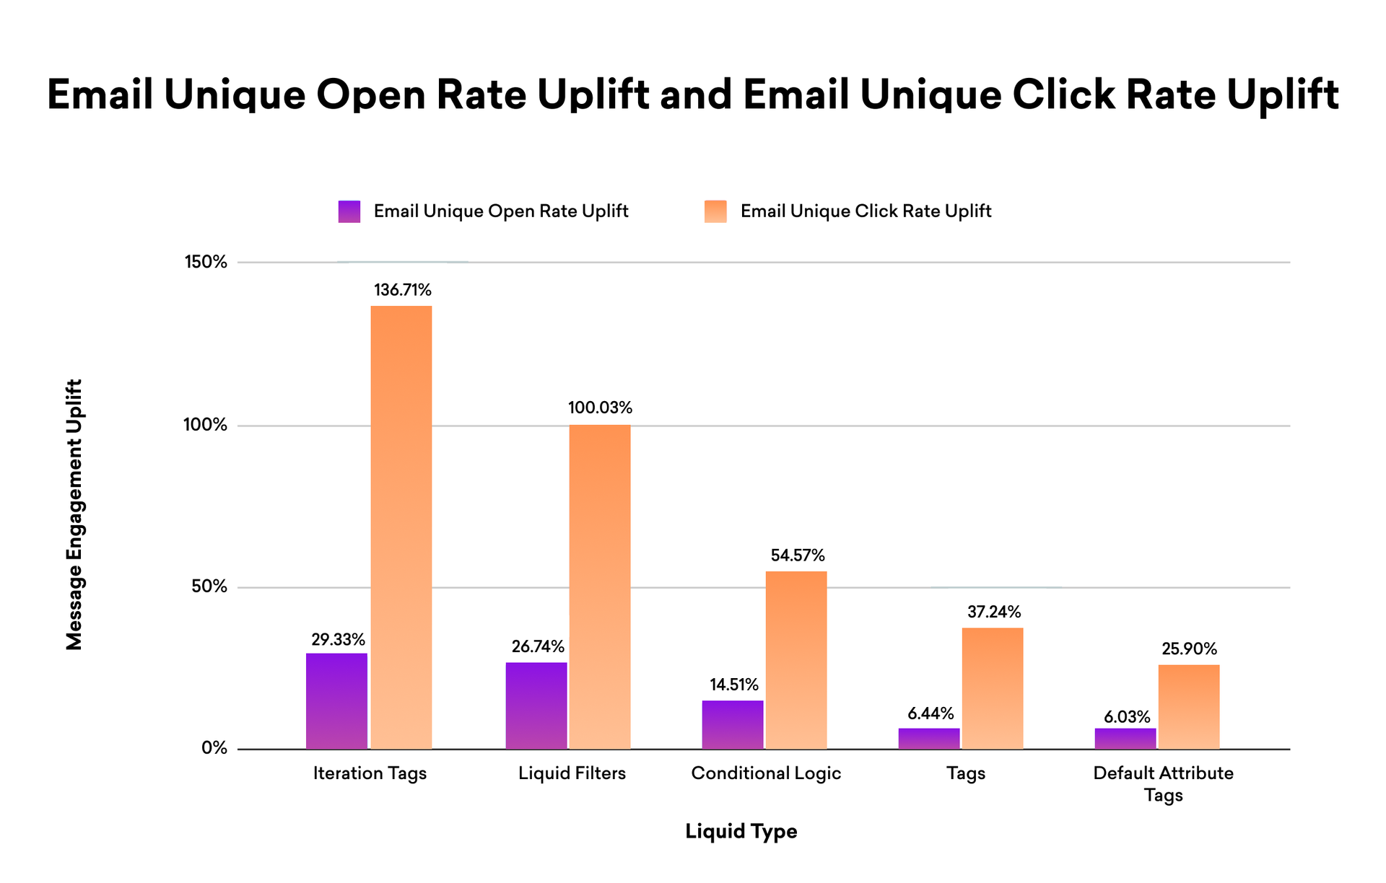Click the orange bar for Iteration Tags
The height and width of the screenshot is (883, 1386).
click(x=401, y=527)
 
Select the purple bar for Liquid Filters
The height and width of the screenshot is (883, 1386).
click(x=536, y=706)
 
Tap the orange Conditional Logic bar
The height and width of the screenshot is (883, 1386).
click(x=796, y=660)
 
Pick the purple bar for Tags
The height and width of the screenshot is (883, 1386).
click(x=929, y=739)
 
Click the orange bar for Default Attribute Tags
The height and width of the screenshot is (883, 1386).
click(x=1189, y=707)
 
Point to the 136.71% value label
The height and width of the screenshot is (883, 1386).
click(x=403, y=291)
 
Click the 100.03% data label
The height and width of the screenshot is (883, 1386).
click(x=600, y=408)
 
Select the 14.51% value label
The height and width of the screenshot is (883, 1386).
click(x=734, y=685)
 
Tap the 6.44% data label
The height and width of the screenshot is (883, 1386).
click(x=930, y=714)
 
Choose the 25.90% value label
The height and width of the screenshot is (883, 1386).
click(x=1189, y=649)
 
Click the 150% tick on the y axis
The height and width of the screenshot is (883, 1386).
click(x=206, y=262)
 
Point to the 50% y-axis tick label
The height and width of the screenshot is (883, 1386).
click(x=209, y=587)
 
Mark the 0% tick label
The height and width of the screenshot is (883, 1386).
click(x=214, y=749)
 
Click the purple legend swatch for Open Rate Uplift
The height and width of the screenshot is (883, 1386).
click(x=349, y=211)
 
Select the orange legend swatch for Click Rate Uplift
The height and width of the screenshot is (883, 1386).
click(x=715, y=211)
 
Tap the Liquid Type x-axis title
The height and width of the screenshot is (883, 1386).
click(x=741, y=832)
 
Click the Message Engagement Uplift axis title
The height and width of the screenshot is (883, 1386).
click(x=74, y=514)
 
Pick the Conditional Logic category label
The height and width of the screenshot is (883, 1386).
click(x=766, y=773)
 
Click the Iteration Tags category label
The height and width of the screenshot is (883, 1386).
click(x=370, y=773)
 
